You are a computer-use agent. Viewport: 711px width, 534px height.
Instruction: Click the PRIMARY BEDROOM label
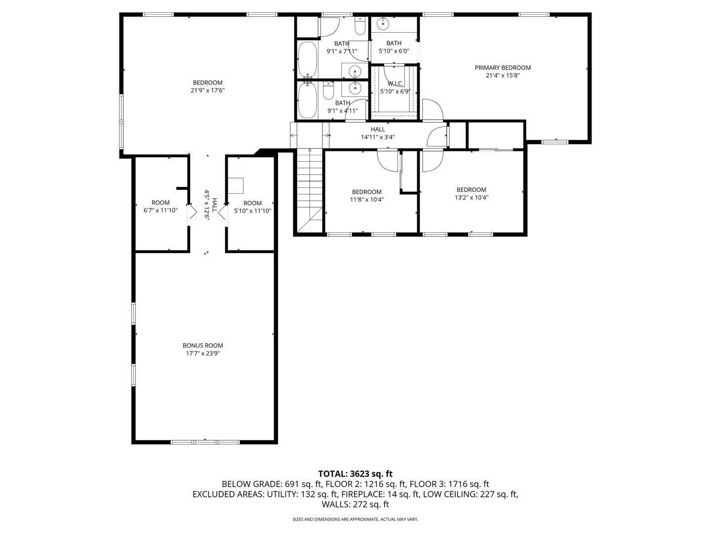click(503, 68)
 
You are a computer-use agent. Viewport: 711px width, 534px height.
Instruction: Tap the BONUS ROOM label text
click(202, 346)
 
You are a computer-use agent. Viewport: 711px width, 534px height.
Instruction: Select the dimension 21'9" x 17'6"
click(207, 90)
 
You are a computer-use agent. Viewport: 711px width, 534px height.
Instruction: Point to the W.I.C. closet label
click(395, 84)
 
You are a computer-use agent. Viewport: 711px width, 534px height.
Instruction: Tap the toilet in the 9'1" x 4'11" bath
click(329, 91)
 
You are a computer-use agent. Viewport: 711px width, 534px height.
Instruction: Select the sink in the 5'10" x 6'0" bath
click(383, 23)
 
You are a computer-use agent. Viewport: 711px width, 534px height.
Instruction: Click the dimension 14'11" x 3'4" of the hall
click(378, 137)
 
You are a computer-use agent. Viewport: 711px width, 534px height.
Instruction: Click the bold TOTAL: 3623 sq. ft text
click(355, 474)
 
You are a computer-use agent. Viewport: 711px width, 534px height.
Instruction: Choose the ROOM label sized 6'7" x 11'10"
click(160, 203)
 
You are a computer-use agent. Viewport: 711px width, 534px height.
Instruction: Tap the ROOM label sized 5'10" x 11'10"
click(252, 203)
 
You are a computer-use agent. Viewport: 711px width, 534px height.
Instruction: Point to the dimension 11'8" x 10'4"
click(367, 200)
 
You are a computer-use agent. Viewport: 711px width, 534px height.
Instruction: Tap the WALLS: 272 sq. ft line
click(355, 504)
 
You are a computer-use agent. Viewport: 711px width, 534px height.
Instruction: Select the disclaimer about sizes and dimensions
click(355, 520)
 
